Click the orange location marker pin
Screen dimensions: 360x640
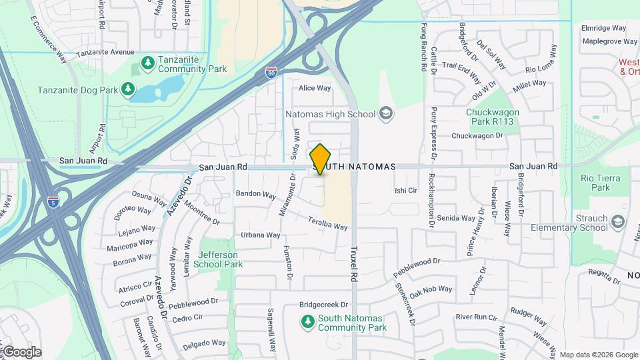320,159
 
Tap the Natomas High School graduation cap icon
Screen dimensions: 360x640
386,114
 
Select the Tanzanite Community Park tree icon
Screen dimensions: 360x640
147,63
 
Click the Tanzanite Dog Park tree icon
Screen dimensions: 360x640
127,89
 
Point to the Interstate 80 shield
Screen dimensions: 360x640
271,72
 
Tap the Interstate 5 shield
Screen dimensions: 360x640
53,202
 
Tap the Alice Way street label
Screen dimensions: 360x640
315,88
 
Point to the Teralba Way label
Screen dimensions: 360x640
328,223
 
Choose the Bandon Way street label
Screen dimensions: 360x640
255,195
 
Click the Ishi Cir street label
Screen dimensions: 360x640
405,191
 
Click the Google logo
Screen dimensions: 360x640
22,351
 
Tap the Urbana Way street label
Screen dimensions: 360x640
260,235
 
